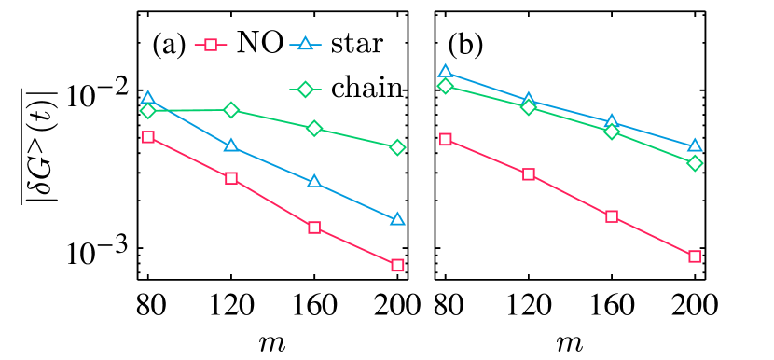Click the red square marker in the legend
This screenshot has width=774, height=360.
[211, 45]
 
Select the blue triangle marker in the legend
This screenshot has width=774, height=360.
[305, 44]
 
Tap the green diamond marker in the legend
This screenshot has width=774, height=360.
[305, 90]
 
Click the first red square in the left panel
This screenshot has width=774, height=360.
[148, 137]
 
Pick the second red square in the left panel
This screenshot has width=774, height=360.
[231, 178]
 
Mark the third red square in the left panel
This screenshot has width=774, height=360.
[314, 228]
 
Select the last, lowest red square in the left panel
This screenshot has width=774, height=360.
[397, 266]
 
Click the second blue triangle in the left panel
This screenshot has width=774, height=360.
[231, 145]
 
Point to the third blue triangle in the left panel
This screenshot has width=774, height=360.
[314, 181]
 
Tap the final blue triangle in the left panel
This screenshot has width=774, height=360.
[397, 219]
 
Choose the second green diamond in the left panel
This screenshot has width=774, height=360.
[231, 110]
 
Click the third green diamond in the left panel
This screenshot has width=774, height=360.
[314, 128]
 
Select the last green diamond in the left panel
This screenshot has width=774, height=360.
[397, 147]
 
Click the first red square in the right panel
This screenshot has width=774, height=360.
[446, 140]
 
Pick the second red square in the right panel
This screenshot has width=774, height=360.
[529, 174]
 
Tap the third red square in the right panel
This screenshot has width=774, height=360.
[612, 216]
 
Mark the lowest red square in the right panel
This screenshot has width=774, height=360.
[695, 256]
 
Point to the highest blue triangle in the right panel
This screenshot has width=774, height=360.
[446, 72]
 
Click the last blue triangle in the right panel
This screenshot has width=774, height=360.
[695, 145]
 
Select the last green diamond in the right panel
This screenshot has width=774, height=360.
[695, 163]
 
